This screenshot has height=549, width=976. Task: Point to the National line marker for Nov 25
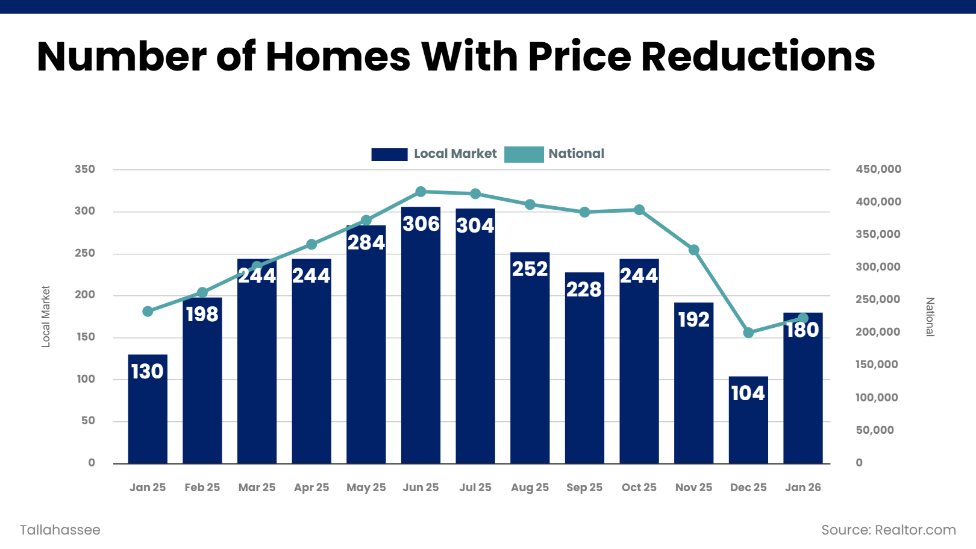point(693,249)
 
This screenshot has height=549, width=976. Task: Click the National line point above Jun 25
point(421,192)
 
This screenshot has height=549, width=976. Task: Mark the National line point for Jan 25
point(148,312)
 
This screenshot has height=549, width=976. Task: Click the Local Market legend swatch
point(389,154)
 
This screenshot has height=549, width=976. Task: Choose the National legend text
point(576,154)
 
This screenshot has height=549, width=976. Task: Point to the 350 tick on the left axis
point(85,169)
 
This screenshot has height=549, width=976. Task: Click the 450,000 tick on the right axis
point(878,169)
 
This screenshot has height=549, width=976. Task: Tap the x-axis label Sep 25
point(584,488)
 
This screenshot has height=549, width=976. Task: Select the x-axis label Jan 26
point(802,488)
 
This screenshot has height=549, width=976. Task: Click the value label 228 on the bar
point(584,290)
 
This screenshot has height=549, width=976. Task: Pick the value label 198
point(202,315)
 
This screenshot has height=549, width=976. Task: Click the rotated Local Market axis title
point(46,316)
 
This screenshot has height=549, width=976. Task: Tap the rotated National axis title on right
point(930,316)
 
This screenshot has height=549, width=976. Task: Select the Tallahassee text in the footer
point(60,530)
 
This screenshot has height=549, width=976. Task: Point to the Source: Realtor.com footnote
point(888,530)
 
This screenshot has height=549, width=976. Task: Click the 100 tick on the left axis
point(85,379)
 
